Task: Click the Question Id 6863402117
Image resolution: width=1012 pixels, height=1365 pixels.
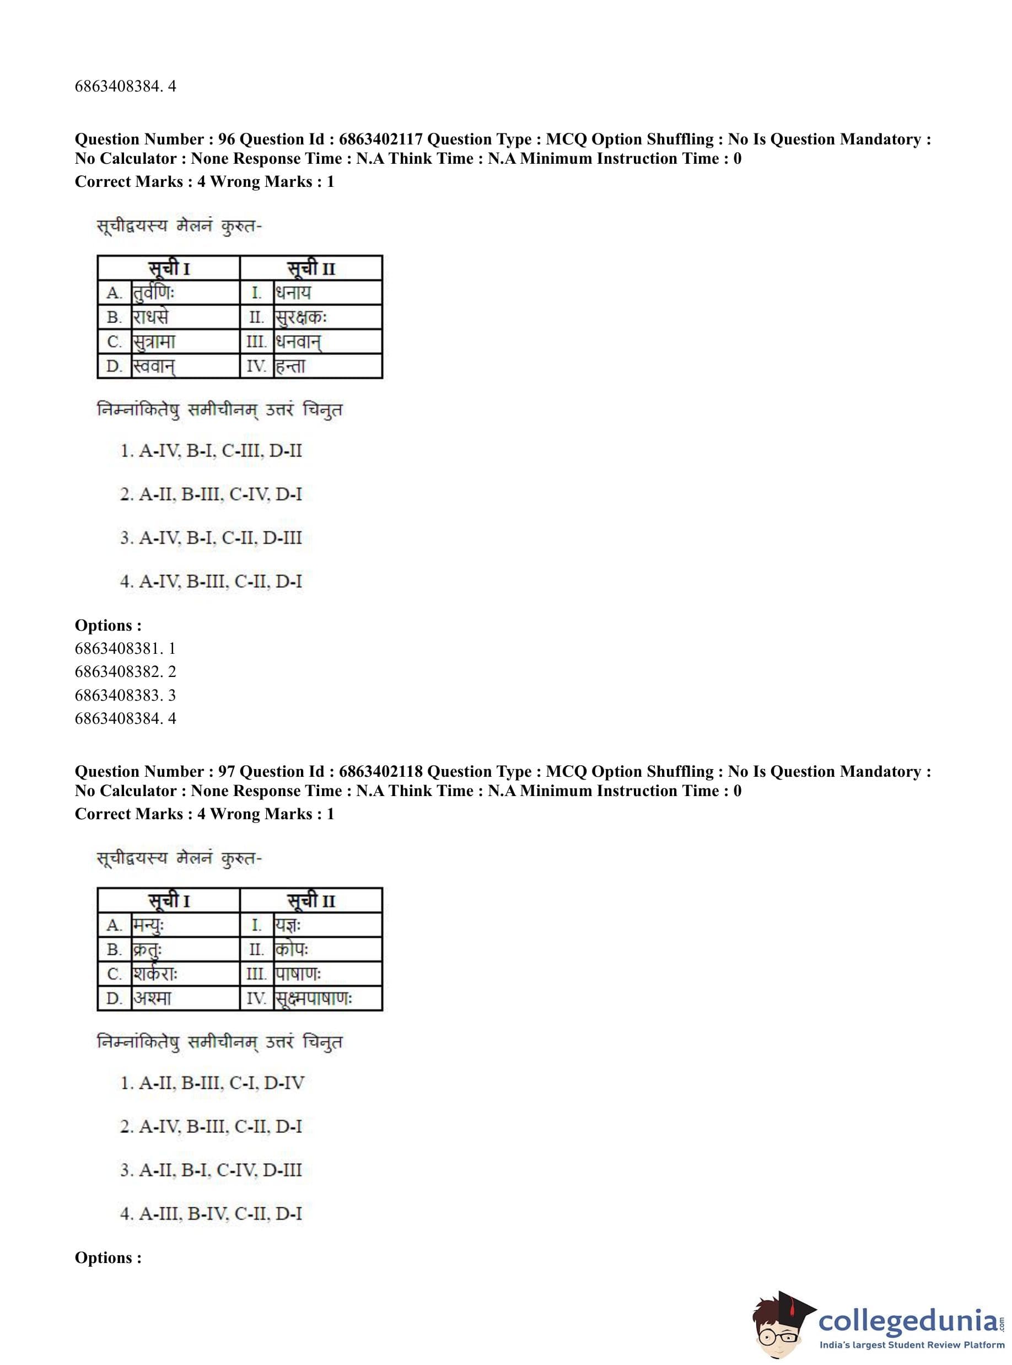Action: [x=380, y=139]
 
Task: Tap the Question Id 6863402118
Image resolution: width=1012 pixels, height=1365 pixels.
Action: [x=380, y=772]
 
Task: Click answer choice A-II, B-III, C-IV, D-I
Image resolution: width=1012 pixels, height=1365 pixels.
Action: [x=211, y=495]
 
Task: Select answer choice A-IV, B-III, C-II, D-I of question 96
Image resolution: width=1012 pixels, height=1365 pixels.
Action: [x=211, y=582]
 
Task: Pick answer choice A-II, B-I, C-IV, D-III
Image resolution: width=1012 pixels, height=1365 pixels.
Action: [x=211, y=1170]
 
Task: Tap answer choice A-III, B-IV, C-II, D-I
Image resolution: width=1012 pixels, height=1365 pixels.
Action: [x=211, y=1214]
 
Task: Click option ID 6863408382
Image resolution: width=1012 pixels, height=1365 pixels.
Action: [x=125, y=672]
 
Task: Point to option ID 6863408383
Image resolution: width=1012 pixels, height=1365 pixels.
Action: [x=125, y=695]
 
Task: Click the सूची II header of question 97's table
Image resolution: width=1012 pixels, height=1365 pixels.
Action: [x=311, y=901]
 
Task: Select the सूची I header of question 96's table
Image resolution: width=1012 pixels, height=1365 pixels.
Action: [x=169, y=268]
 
